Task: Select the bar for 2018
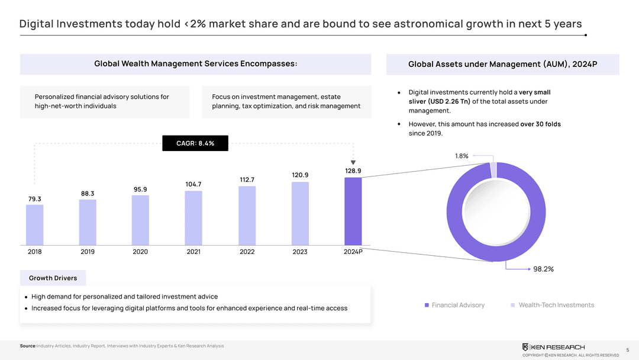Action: click(34, 224)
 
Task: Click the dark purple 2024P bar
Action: click(353, 211)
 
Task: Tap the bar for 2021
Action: click(193, 217)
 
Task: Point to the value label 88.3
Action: click(88, 193)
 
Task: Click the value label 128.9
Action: click(353, 171)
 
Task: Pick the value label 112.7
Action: click(247, 179)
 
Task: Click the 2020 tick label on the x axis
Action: click(140, 252)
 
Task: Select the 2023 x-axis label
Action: click(300, 252)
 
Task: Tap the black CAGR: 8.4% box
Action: click(195, 143)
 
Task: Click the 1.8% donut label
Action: click(461, 156)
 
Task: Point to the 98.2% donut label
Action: click(543, 269)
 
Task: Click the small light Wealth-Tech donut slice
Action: click(493, 170)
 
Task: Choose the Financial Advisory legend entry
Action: click(454, 305)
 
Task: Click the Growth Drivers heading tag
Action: click(53, 278)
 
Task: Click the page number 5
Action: click(627, 350)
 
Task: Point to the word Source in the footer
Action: click(28, 346)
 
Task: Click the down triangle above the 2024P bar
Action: click(353, 163)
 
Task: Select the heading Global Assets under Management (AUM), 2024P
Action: click(502, 65)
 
